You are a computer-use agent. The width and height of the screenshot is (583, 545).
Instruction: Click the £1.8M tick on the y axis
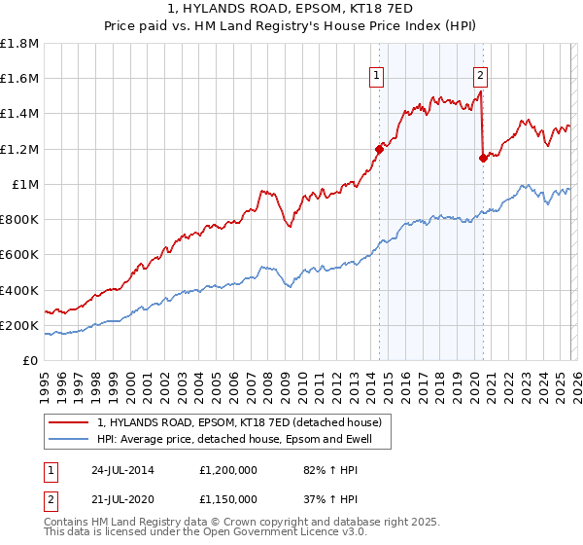point(18,44)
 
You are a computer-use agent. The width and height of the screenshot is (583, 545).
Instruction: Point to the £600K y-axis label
point(18,255)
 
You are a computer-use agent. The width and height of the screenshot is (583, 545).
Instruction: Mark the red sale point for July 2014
point(379,149)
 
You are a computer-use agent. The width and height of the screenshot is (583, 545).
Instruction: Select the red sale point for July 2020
point(483,158)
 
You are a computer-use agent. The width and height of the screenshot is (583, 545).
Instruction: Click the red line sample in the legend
point(68,422)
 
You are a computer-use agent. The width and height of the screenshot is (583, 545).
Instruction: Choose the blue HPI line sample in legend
point(68,440)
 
